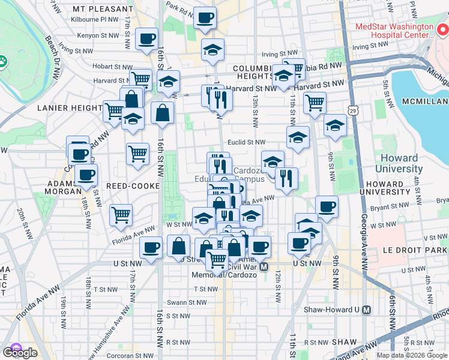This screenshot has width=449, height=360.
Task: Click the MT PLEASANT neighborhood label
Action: pyautogui.click(x=103, y=10)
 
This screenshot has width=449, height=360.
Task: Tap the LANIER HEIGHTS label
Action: pyautogui.click(x=67, y=108)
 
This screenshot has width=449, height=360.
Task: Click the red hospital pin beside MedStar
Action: pyautogui.click(x=442, y=28)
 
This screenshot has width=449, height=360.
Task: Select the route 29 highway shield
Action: pyautogui.click(x=355, y=111)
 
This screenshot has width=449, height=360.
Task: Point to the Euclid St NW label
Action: pyautogui.click(x=246, y=142)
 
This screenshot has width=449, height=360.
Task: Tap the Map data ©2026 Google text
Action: pyautogui.click(x=411, y=356)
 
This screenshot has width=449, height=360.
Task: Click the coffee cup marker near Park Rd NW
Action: pyautogui.click(x=205, y=19)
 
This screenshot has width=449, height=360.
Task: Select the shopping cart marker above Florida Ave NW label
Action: pyautogui.click(x=121, y=214)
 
